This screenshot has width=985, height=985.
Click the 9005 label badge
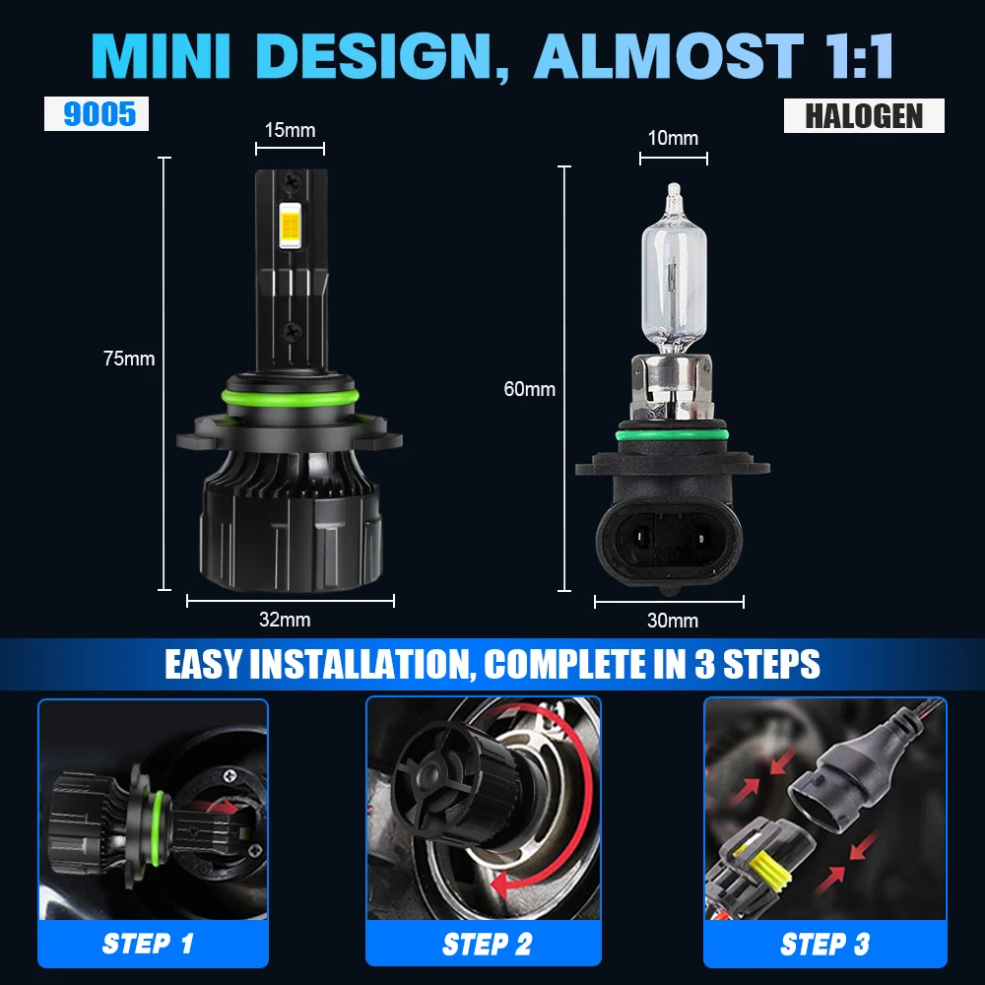(97, 114)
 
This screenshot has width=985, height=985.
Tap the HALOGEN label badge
(864, 115)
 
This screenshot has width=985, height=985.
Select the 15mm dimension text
(290, 130)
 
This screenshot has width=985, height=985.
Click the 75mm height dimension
(129, 359)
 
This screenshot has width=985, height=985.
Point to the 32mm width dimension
(285, 620)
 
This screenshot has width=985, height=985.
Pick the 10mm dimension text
(673, 137)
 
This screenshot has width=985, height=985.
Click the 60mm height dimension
(529, 389)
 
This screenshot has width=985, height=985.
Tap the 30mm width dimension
(673, 621)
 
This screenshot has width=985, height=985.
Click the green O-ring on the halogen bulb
(673, 434)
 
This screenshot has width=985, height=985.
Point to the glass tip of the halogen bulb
(673, 190)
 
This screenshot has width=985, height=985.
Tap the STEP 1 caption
(148, 944)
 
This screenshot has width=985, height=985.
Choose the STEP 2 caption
(487, 945)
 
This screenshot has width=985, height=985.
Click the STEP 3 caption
(824, 945)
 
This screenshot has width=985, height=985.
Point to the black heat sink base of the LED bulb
(289, 532)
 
